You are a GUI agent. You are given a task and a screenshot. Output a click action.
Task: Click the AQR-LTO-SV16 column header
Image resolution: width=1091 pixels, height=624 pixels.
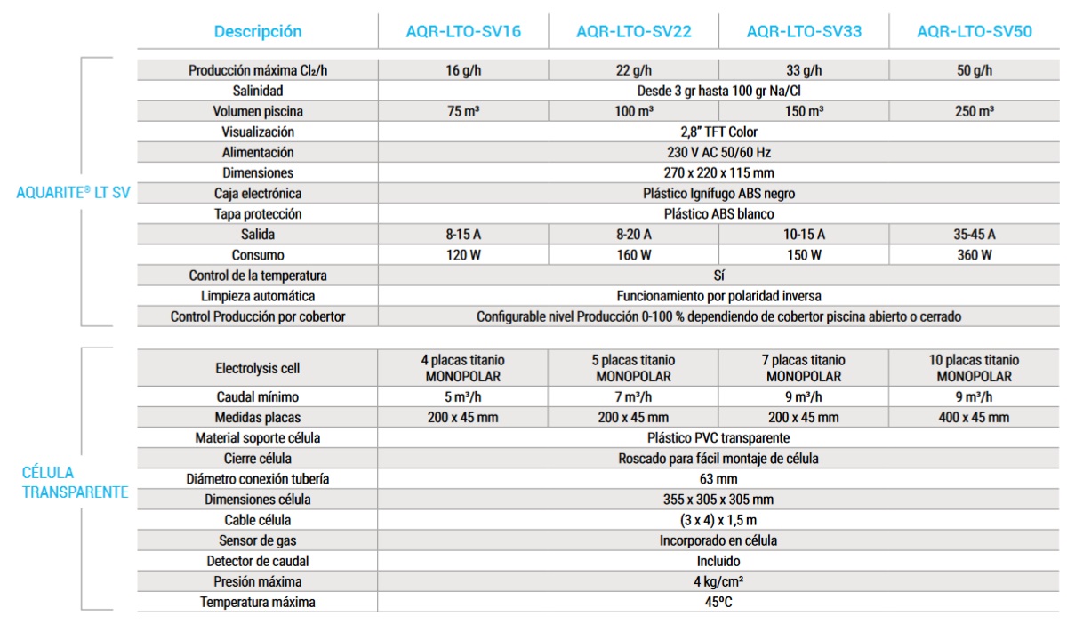click(x=462, y=32)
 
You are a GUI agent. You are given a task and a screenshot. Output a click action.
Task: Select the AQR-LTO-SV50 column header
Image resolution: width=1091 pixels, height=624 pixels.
click(x=975, y=32)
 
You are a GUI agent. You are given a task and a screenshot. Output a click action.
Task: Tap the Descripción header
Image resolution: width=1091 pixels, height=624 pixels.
click(x=258, y=32)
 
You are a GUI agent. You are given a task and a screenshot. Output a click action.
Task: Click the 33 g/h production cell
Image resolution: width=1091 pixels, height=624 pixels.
click(x=804, y=70)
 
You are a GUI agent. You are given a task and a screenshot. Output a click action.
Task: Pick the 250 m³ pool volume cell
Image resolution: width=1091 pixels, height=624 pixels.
click(x=975, y=111)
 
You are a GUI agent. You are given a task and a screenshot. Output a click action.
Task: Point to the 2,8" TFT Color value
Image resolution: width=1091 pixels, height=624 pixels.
click(x=718, y=132)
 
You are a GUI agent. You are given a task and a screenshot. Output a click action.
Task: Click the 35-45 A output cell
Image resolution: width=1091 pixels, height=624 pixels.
click(x=975, y=235)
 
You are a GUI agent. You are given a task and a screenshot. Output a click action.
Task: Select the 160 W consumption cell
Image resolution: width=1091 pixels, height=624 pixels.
click(x=633, y=255)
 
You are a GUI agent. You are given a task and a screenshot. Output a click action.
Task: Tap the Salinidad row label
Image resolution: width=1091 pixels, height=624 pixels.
click(x=258, y=91)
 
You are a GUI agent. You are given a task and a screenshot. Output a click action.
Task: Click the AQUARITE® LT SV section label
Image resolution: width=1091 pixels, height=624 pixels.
click(x=73, y=192)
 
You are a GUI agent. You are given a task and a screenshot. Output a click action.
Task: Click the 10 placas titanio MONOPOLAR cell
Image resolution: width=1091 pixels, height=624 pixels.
click(x=975, y=368)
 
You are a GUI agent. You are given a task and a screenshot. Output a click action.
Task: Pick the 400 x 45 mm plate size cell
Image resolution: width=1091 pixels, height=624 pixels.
click(x=975, y=417)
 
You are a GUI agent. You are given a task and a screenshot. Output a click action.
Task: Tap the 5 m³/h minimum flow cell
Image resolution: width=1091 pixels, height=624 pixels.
click(x=462, y=396)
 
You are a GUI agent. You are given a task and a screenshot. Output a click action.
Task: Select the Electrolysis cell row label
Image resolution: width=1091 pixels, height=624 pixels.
click(x=258, y=368)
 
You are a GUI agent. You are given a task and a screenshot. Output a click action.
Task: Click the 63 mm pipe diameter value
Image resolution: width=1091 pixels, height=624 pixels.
click(x=718, y=479)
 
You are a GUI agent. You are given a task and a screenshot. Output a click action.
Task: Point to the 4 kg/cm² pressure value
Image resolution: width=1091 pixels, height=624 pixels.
click(x=718, y=581)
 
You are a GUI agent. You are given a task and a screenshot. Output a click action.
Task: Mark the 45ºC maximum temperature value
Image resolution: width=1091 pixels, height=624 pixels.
click(x=718, y=602)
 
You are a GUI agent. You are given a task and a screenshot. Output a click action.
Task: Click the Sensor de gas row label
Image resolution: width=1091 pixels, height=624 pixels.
click(x=258, y=540)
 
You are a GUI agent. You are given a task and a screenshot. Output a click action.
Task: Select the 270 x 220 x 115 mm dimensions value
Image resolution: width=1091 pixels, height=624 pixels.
click(x=718, y=172)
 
